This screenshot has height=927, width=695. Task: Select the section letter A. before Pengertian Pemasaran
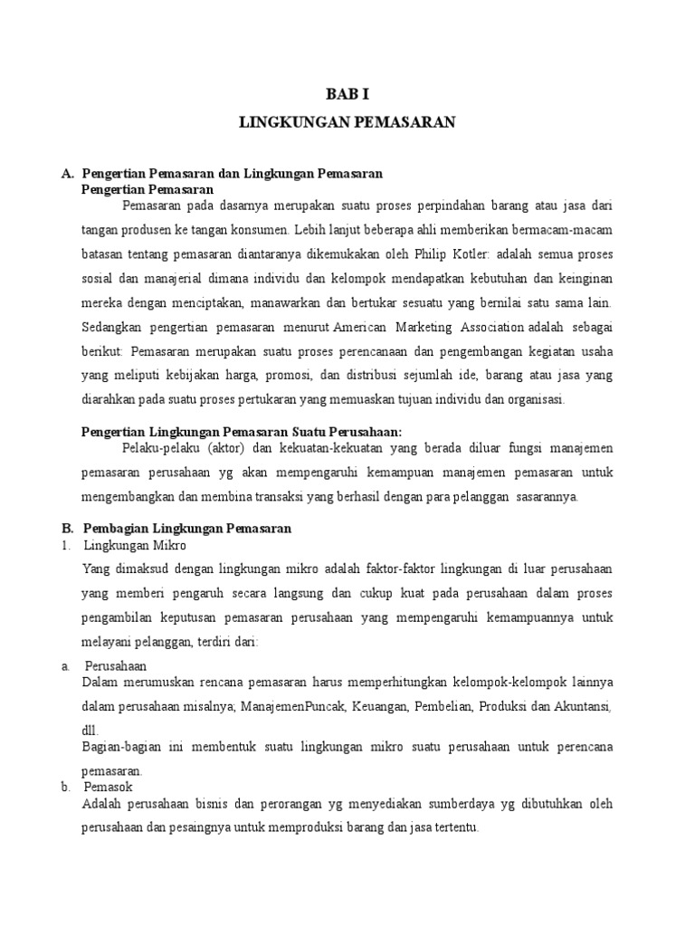pos(66,173)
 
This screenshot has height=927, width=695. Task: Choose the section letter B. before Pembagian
pos(66,529)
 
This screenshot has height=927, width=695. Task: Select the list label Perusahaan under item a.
pos(115,665)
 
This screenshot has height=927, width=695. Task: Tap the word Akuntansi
pos(581,706)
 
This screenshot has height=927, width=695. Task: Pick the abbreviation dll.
pos(90,730)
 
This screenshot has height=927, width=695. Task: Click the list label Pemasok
pos(108,788)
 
